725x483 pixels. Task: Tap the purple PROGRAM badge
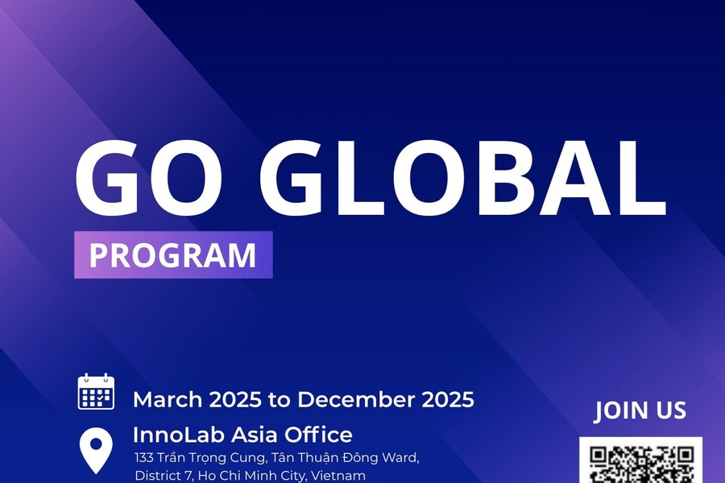(173, 255)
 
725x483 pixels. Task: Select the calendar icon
(96, 392)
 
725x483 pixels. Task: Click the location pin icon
(96, 449)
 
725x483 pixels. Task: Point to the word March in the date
(168, 399)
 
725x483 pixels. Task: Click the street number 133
(145, 458)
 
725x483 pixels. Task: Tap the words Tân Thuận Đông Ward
(340, 458)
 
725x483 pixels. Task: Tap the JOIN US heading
(640, 411)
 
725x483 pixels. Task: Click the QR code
(641, 462)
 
